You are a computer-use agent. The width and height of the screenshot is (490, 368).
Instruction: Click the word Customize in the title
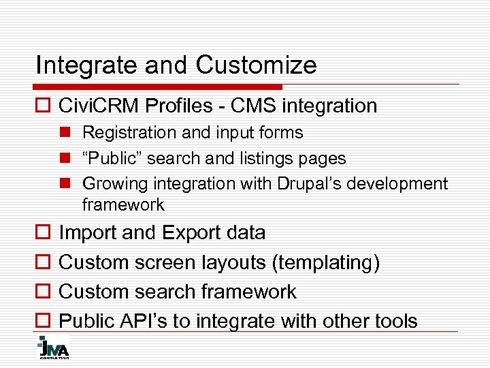[257, 65]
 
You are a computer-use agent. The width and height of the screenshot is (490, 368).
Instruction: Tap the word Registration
[122, 132]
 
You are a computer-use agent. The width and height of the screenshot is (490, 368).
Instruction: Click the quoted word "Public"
[112, 158]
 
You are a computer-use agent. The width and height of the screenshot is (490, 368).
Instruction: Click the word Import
[88, 232]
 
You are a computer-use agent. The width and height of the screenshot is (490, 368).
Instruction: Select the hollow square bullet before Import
[42, 233]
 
